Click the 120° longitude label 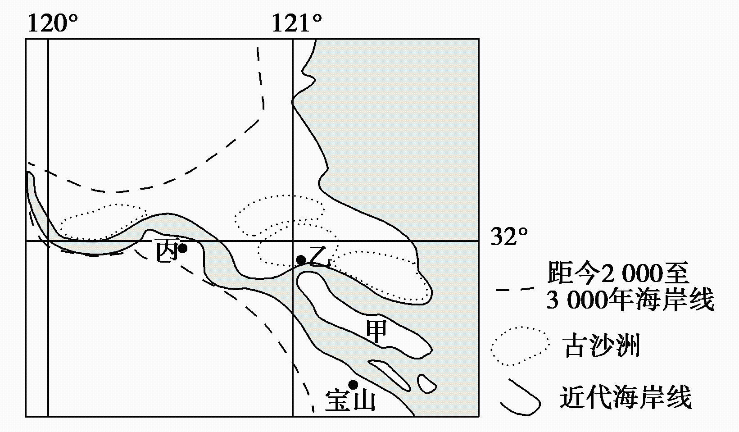[53, 23]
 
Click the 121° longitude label [296, 23]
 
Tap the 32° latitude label [509, 236]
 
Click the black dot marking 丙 [182, 248]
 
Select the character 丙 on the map [167, 250]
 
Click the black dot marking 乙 [301, 260]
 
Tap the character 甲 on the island [376, 331]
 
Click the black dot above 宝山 [353, 385]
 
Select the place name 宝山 [350, 400]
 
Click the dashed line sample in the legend [515, 290]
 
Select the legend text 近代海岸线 [626, 397]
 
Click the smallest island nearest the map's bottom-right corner [426, 384]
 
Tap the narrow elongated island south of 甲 [389, 375]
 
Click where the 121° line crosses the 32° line [293, 241]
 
